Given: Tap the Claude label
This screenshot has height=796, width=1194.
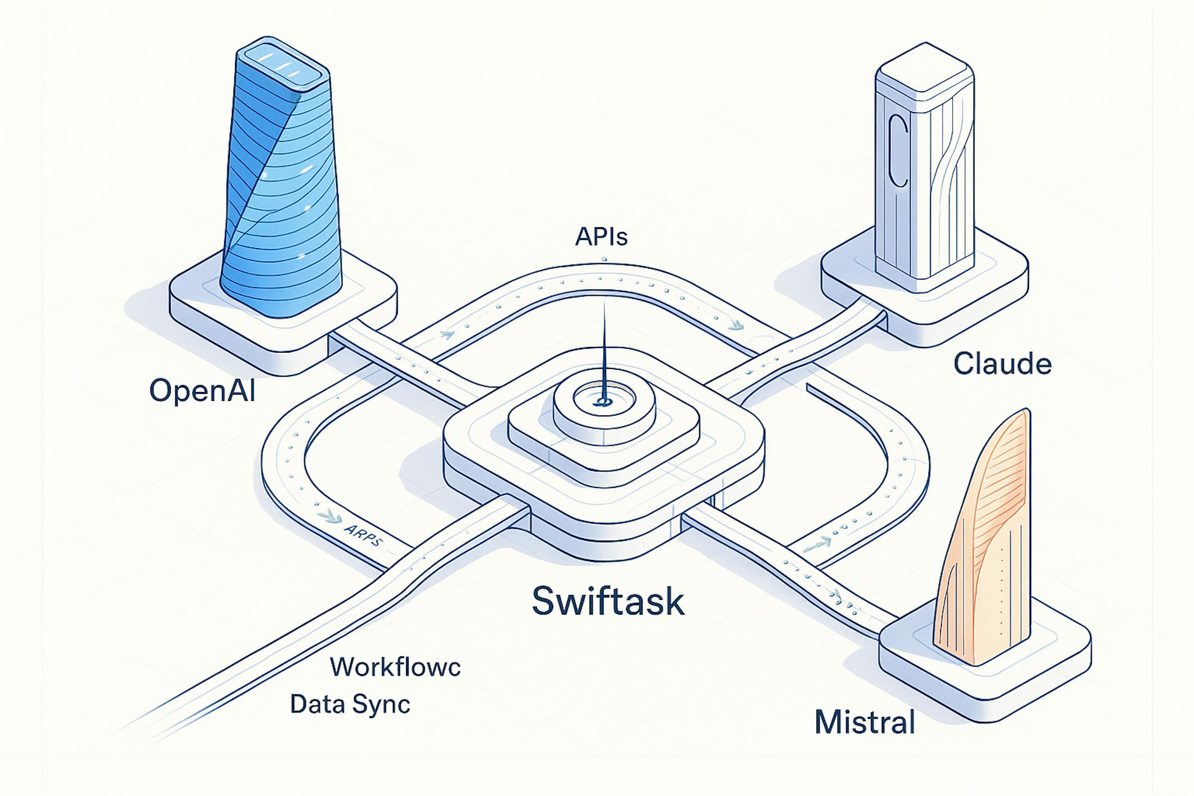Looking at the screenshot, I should [x=1002, y=364].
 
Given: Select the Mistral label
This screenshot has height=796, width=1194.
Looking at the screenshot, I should [x=864, y=722].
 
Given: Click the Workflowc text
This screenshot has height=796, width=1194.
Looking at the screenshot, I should [x=395, y=667].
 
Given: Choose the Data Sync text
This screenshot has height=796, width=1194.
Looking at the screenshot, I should [x=350, y=704].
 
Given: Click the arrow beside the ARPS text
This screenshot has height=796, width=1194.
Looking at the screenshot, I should [x=329, y=517].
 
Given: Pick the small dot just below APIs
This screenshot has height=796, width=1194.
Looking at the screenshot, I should [x=604, y=259].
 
